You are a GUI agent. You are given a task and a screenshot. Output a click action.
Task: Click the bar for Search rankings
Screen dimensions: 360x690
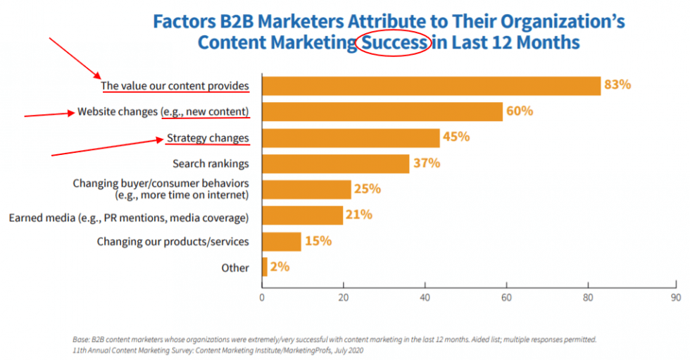(x=335, y=163)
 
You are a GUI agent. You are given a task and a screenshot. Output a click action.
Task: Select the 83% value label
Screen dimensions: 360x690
(x=617, y=85)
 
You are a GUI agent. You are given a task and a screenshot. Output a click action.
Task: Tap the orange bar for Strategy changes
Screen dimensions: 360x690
(x=351, y=137)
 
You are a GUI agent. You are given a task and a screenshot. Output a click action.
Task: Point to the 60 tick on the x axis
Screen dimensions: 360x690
(x=506, y=298)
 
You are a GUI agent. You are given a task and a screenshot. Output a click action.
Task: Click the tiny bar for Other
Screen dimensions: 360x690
(x=265, y=268)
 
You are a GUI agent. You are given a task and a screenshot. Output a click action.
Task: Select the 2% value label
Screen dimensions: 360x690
(x=280, y=268)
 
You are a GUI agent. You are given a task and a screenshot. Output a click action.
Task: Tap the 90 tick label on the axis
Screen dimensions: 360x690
(x=675, y=298)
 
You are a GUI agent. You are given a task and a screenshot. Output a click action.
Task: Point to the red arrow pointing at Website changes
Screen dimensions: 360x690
(x=49, y=113)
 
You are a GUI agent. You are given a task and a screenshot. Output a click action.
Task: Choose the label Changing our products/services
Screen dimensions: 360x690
(x=172, y=242)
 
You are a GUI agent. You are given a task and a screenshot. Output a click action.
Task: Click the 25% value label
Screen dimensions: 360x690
(x=368, y=190)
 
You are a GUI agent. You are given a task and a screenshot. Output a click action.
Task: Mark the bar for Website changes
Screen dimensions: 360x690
(x=382, y=111)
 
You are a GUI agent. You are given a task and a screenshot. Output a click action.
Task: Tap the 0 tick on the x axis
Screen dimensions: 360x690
(x=262, y=298)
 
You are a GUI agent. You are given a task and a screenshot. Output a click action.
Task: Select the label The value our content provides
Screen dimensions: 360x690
(x=175, y=86)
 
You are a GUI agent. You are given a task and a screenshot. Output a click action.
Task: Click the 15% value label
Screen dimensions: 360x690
(x=318, y=242)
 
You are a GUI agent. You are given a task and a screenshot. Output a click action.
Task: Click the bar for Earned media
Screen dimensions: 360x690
(x=302, y=216)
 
